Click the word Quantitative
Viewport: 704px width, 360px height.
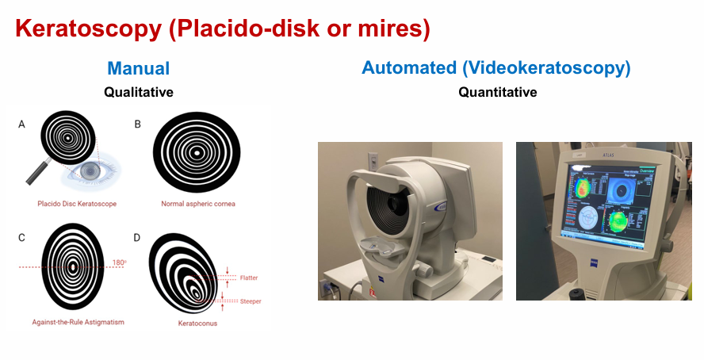coord(497,92)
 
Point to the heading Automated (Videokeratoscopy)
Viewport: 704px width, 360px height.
coord(496,68)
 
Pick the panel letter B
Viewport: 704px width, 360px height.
coord(138,124)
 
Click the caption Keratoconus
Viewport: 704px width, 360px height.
coord(197,324)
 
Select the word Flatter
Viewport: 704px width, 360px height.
coord(249,278)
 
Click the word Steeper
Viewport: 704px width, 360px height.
coord(250,301)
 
